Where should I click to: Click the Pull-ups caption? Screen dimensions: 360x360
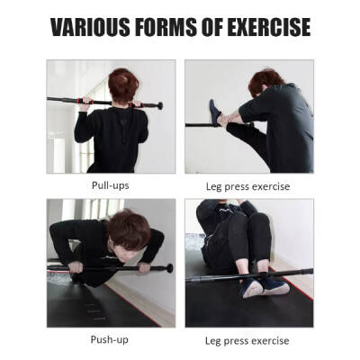[x=111, y=184]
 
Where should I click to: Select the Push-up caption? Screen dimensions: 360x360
[x=111, y=340]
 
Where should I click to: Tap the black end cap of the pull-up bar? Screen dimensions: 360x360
[x=158, y=105]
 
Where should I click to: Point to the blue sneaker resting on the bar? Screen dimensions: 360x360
[x=215, y=112]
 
